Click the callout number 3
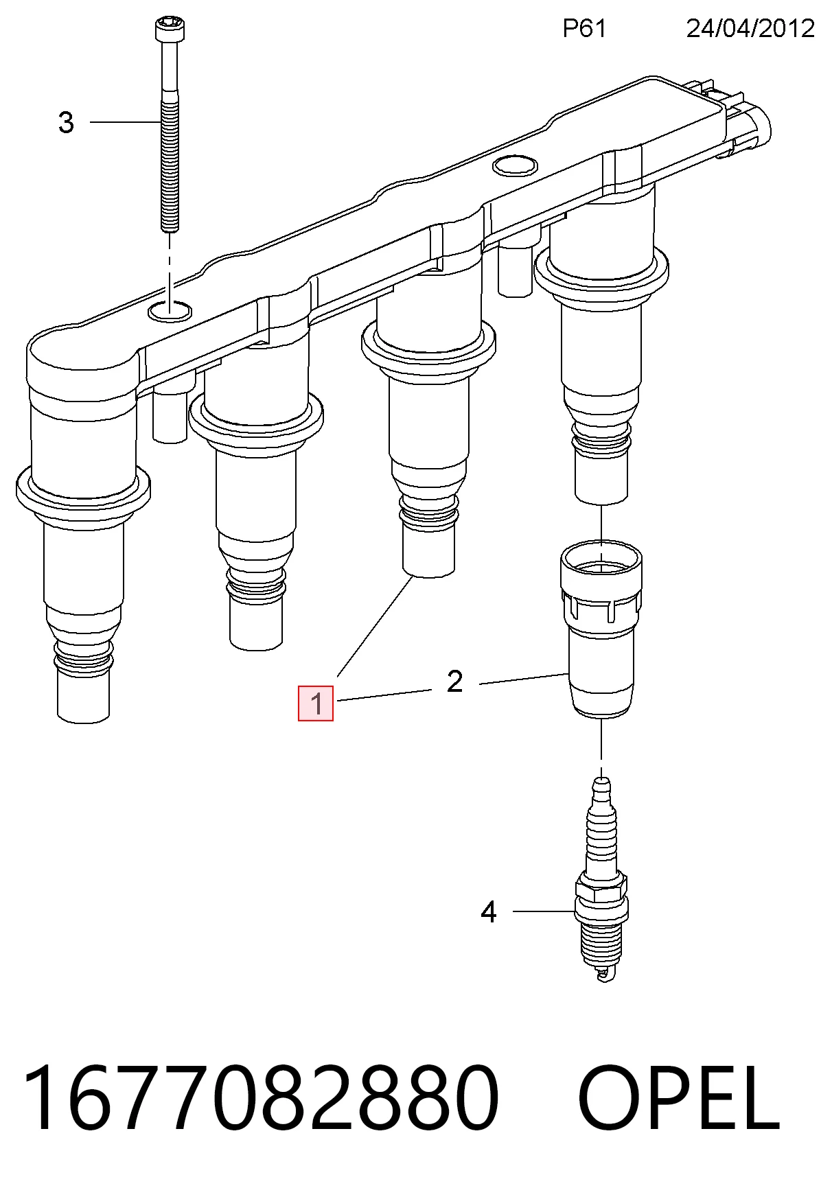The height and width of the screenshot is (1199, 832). (x=66, y=123)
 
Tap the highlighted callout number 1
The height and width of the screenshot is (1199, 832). (x=316, y=703)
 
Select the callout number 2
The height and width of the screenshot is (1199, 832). (x=454, y=682)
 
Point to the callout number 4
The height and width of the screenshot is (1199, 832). (x=488, y=912)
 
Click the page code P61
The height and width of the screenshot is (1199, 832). (x=584, y=28)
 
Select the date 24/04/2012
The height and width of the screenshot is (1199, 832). (x=750, y=28)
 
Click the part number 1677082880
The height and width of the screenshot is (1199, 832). (x=261, y=1098)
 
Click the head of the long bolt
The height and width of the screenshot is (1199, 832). (x=169, y=32)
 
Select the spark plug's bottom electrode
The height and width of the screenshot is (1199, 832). (x=603, y=973)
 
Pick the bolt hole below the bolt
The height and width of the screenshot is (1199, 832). (x=170, y=311)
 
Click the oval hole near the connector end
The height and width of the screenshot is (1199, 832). (x=514, y=165)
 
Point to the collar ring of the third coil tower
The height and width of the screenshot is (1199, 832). (x=428, y=347)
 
